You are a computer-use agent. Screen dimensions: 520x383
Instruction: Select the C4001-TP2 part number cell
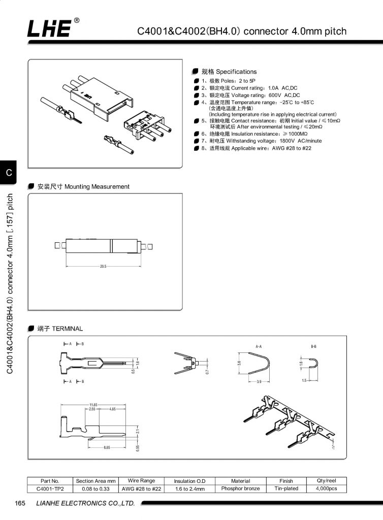pos(50,489)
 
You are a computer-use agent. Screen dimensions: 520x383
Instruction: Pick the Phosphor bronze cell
pos(240,489)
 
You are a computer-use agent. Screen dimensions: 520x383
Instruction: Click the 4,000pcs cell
pos(326,489)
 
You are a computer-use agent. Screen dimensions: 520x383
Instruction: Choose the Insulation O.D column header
pos(189,481)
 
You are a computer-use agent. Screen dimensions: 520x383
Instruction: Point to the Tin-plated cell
pos(286,489)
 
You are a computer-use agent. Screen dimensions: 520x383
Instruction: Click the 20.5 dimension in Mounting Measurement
pos(103,266)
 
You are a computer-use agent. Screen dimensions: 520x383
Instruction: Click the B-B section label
pos(314,346)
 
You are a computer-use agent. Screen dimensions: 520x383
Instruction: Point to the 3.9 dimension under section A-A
pos(259,381)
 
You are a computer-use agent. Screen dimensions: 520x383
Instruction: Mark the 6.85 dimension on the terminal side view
pos(107,447)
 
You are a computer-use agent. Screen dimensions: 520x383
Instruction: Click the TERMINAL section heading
pos(60,329)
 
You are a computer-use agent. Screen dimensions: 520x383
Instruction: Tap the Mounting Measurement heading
pos(83,187)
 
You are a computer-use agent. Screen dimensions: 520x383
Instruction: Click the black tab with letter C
pos(9,173)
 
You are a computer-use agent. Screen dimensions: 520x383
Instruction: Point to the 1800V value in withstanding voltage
pos(287,141)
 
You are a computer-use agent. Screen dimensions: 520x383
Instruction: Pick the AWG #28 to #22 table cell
pos(141,489)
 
